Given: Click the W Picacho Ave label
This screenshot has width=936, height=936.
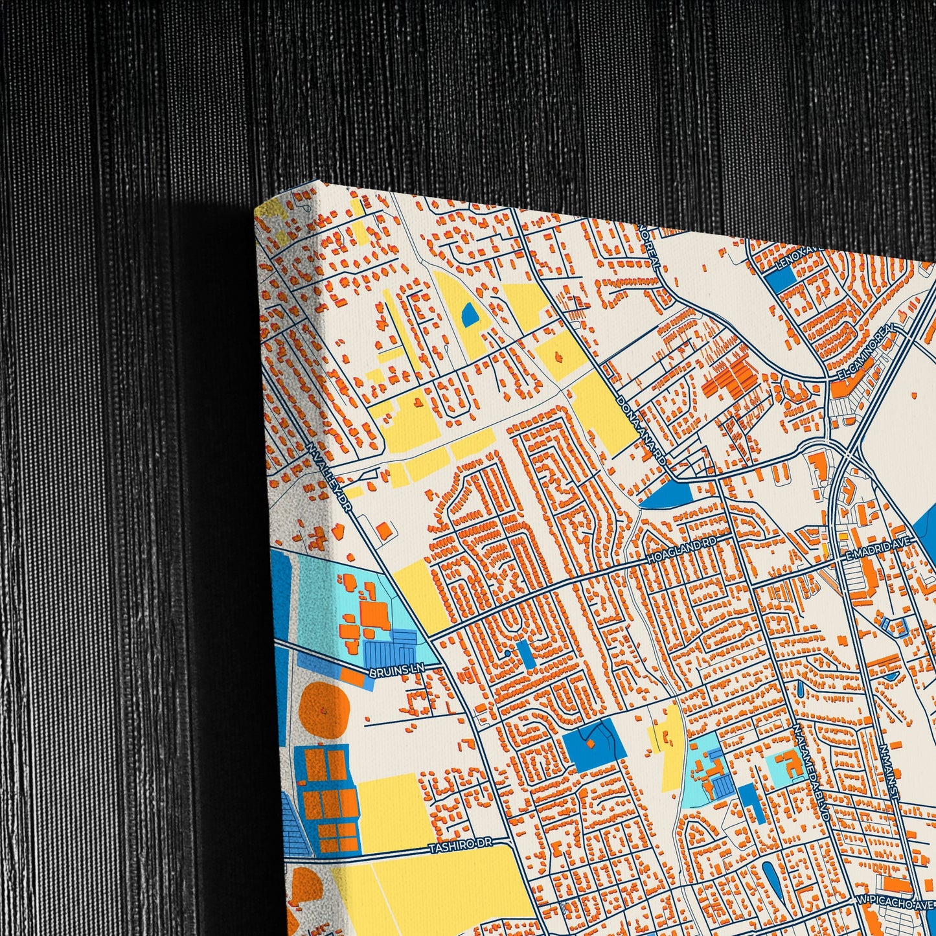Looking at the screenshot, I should click(x=896, y=902).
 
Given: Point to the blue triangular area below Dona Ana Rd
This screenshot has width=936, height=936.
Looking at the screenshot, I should click(x=667, y=496).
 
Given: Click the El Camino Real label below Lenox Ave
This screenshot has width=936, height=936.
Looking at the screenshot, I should click(x=865, y=353).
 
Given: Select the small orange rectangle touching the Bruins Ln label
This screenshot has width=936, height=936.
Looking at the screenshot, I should click(x=353, y=678).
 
